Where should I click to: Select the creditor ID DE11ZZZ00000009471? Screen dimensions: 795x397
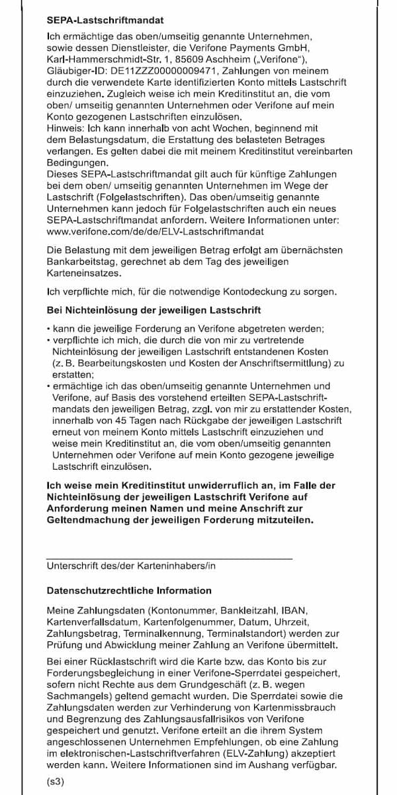pos(168,71)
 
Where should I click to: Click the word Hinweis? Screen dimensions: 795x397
pos(64,127)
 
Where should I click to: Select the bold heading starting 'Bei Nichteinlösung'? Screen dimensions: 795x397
pos(154,310)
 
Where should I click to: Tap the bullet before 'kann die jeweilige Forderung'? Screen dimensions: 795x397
pos(49,329)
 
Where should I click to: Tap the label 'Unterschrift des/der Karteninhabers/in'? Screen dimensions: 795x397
pos(131,566)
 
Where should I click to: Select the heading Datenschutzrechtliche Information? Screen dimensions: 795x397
pos(129,590)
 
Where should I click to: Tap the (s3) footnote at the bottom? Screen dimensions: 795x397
pos(55,782)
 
